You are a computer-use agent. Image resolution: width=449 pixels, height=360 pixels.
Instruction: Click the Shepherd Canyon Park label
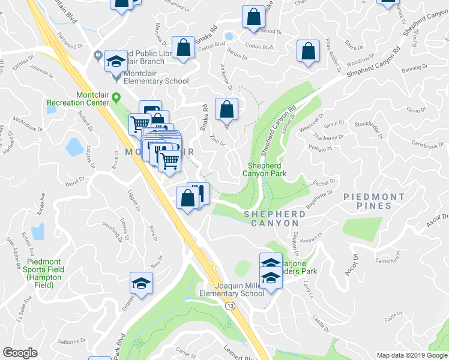tap(264, 170)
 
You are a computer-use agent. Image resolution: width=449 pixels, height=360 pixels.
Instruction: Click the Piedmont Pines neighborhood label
tap(373, 201)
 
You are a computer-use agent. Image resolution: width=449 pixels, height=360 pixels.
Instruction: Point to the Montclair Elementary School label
tap(155, 81)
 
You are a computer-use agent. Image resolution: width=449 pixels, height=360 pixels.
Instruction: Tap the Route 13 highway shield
tap(231, 307)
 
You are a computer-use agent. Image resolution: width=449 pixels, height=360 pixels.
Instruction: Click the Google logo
tap(20, 353)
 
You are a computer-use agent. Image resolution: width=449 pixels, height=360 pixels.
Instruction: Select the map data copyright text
tap(412, 355)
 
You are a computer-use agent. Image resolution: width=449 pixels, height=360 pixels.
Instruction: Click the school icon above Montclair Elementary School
tap(115, 61)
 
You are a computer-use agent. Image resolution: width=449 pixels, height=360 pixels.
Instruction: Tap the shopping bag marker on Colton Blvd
tap(182, 48)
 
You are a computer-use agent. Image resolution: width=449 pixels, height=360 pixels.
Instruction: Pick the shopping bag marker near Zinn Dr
tap(226, 109)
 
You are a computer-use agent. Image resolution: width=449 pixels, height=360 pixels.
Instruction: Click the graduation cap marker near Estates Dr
tap(141, 284)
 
